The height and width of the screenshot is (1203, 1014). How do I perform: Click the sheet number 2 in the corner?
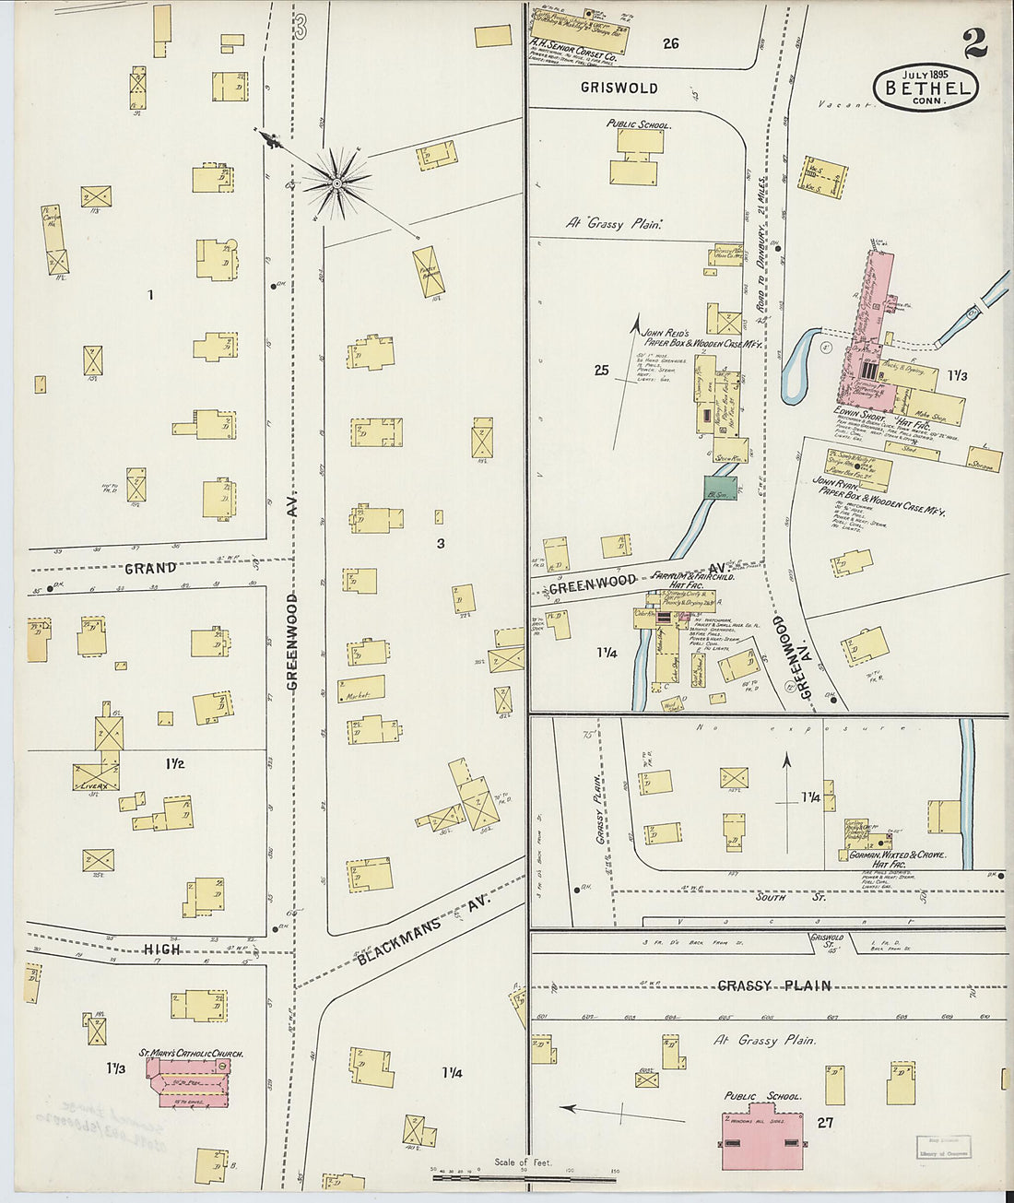coord(974,43)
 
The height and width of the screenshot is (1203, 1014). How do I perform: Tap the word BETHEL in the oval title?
coord(926,88)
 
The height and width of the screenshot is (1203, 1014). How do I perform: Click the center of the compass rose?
coord(337,183)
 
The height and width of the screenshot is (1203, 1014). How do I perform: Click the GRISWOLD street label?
coord(619,88)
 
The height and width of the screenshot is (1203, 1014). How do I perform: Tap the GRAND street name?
coord(150,568)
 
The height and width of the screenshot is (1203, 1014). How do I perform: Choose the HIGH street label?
coord(161,949)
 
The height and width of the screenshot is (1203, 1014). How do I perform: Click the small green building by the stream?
coord(721,489)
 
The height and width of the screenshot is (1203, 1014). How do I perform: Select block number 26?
coord(670,43)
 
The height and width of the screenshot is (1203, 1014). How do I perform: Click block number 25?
coord(601,370)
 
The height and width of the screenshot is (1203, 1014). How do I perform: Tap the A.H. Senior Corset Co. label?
coord(572,54)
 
